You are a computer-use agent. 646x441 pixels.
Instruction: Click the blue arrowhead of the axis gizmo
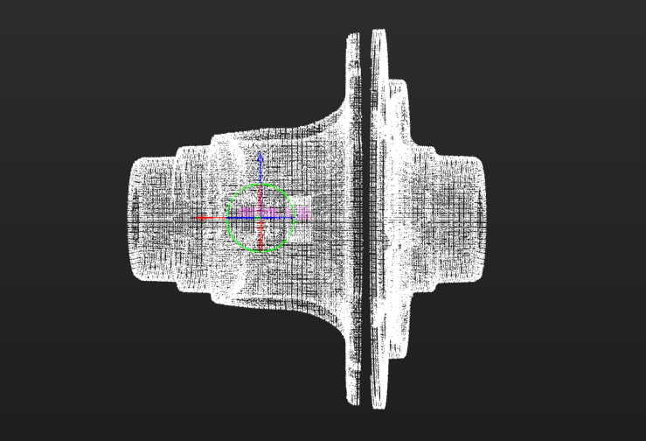point(260,158)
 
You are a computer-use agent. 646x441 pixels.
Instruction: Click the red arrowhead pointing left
point(200,218)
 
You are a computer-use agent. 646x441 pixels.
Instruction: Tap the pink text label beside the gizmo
point(302,213)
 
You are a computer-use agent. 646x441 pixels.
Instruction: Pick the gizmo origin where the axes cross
point(260,218)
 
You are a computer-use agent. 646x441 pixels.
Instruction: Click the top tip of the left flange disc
point(353,37)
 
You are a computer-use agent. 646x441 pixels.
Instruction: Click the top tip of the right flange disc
point(379,32)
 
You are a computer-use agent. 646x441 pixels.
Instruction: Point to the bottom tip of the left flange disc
point(353,402)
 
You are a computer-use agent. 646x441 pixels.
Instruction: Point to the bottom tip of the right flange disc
point(379,406)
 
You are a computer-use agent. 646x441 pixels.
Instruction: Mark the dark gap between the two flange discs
point(365,219)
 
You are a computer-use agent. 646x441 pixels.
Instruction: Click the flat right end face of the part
point(483,219)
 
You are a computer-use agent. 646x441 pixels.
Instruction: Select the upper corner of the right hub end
point(476,160)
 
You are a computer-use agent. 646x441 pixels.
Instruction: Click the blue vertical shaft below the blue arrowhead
point(260,179)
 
